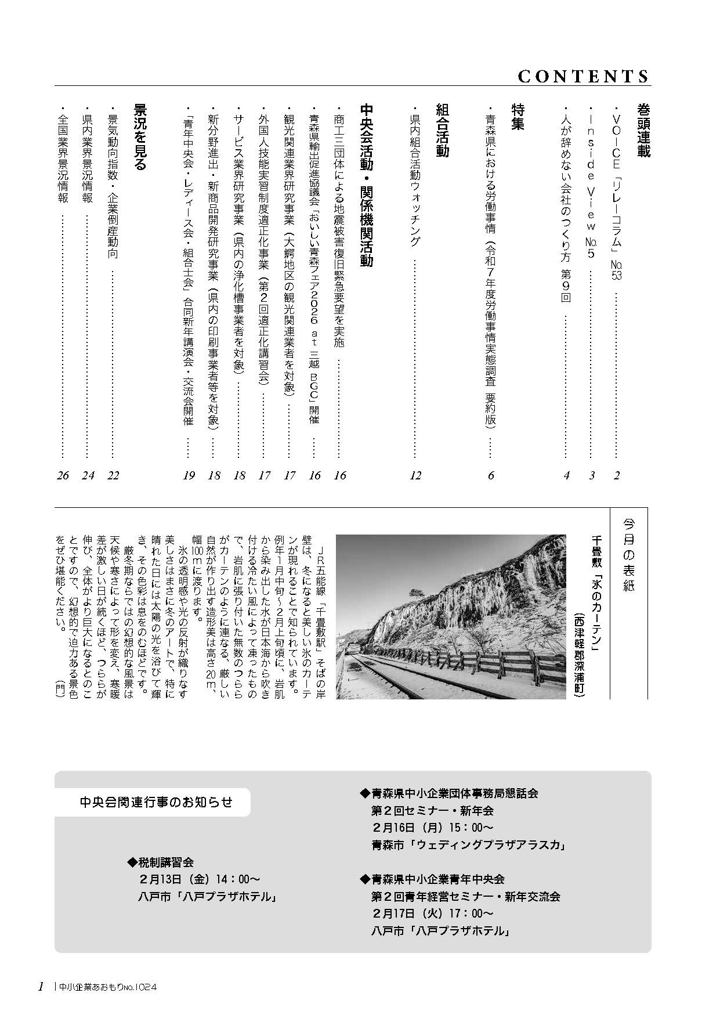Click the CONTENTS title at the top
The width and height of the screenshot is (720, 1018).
583,76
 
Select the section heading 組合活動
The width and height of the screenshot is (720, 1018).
442,131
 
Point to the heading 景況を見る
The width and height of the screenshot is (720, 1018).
139,137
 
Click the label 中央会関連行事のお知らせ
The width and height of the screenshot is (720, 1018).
156,802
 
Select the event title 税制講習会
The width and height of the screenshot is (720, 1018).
164,862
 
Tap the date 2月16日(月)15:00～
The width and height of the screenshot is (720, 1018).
432,828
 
